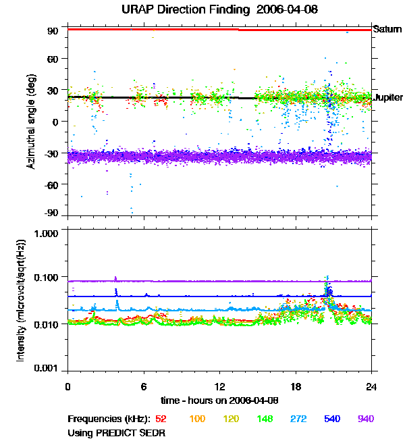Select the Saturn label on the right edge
[x=387, y=29]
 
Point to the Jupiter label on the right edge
[x=388, y=97]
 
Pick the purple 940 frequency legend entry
[x=365, y=419]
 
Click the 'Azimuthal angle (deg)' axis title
[x=32, y=121]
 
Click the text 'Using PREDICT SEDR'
[x=117, y=432]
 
